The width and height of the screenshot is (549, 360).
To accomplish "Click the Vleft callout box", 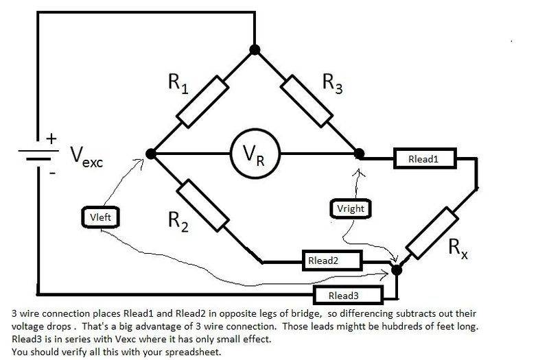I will click(100, 218).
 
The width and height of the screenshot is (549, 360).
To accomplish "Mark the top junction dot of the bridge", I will click(255, 49).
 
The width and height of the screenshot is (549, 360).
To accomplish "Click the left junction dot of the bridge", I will click(151, 154).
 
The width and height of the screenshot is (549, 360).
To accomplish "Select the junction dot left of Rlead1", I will click(358, 154).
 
